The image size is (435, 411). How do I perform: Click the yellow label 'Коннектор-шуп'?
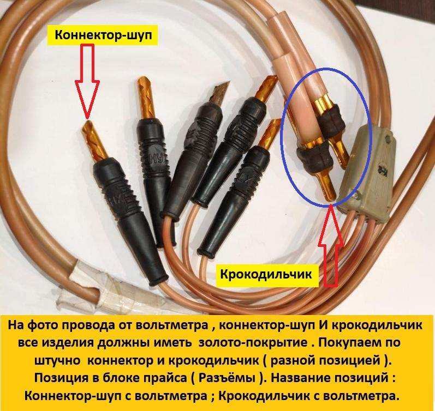(x=103, y=35)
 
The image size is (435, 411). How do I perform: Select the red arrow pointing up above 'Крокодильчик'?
(x=330, y=245)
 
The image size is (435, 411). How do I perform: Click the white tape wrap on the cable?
(x=92, y=286)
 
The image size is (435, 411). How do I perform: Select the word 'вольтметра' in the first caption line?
(x=172, y=325)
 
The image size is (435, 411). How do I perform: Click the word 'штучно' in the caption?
(x=60, y=361)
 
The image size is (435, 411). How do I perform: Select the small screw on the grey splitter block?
(x=357, y=196)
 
